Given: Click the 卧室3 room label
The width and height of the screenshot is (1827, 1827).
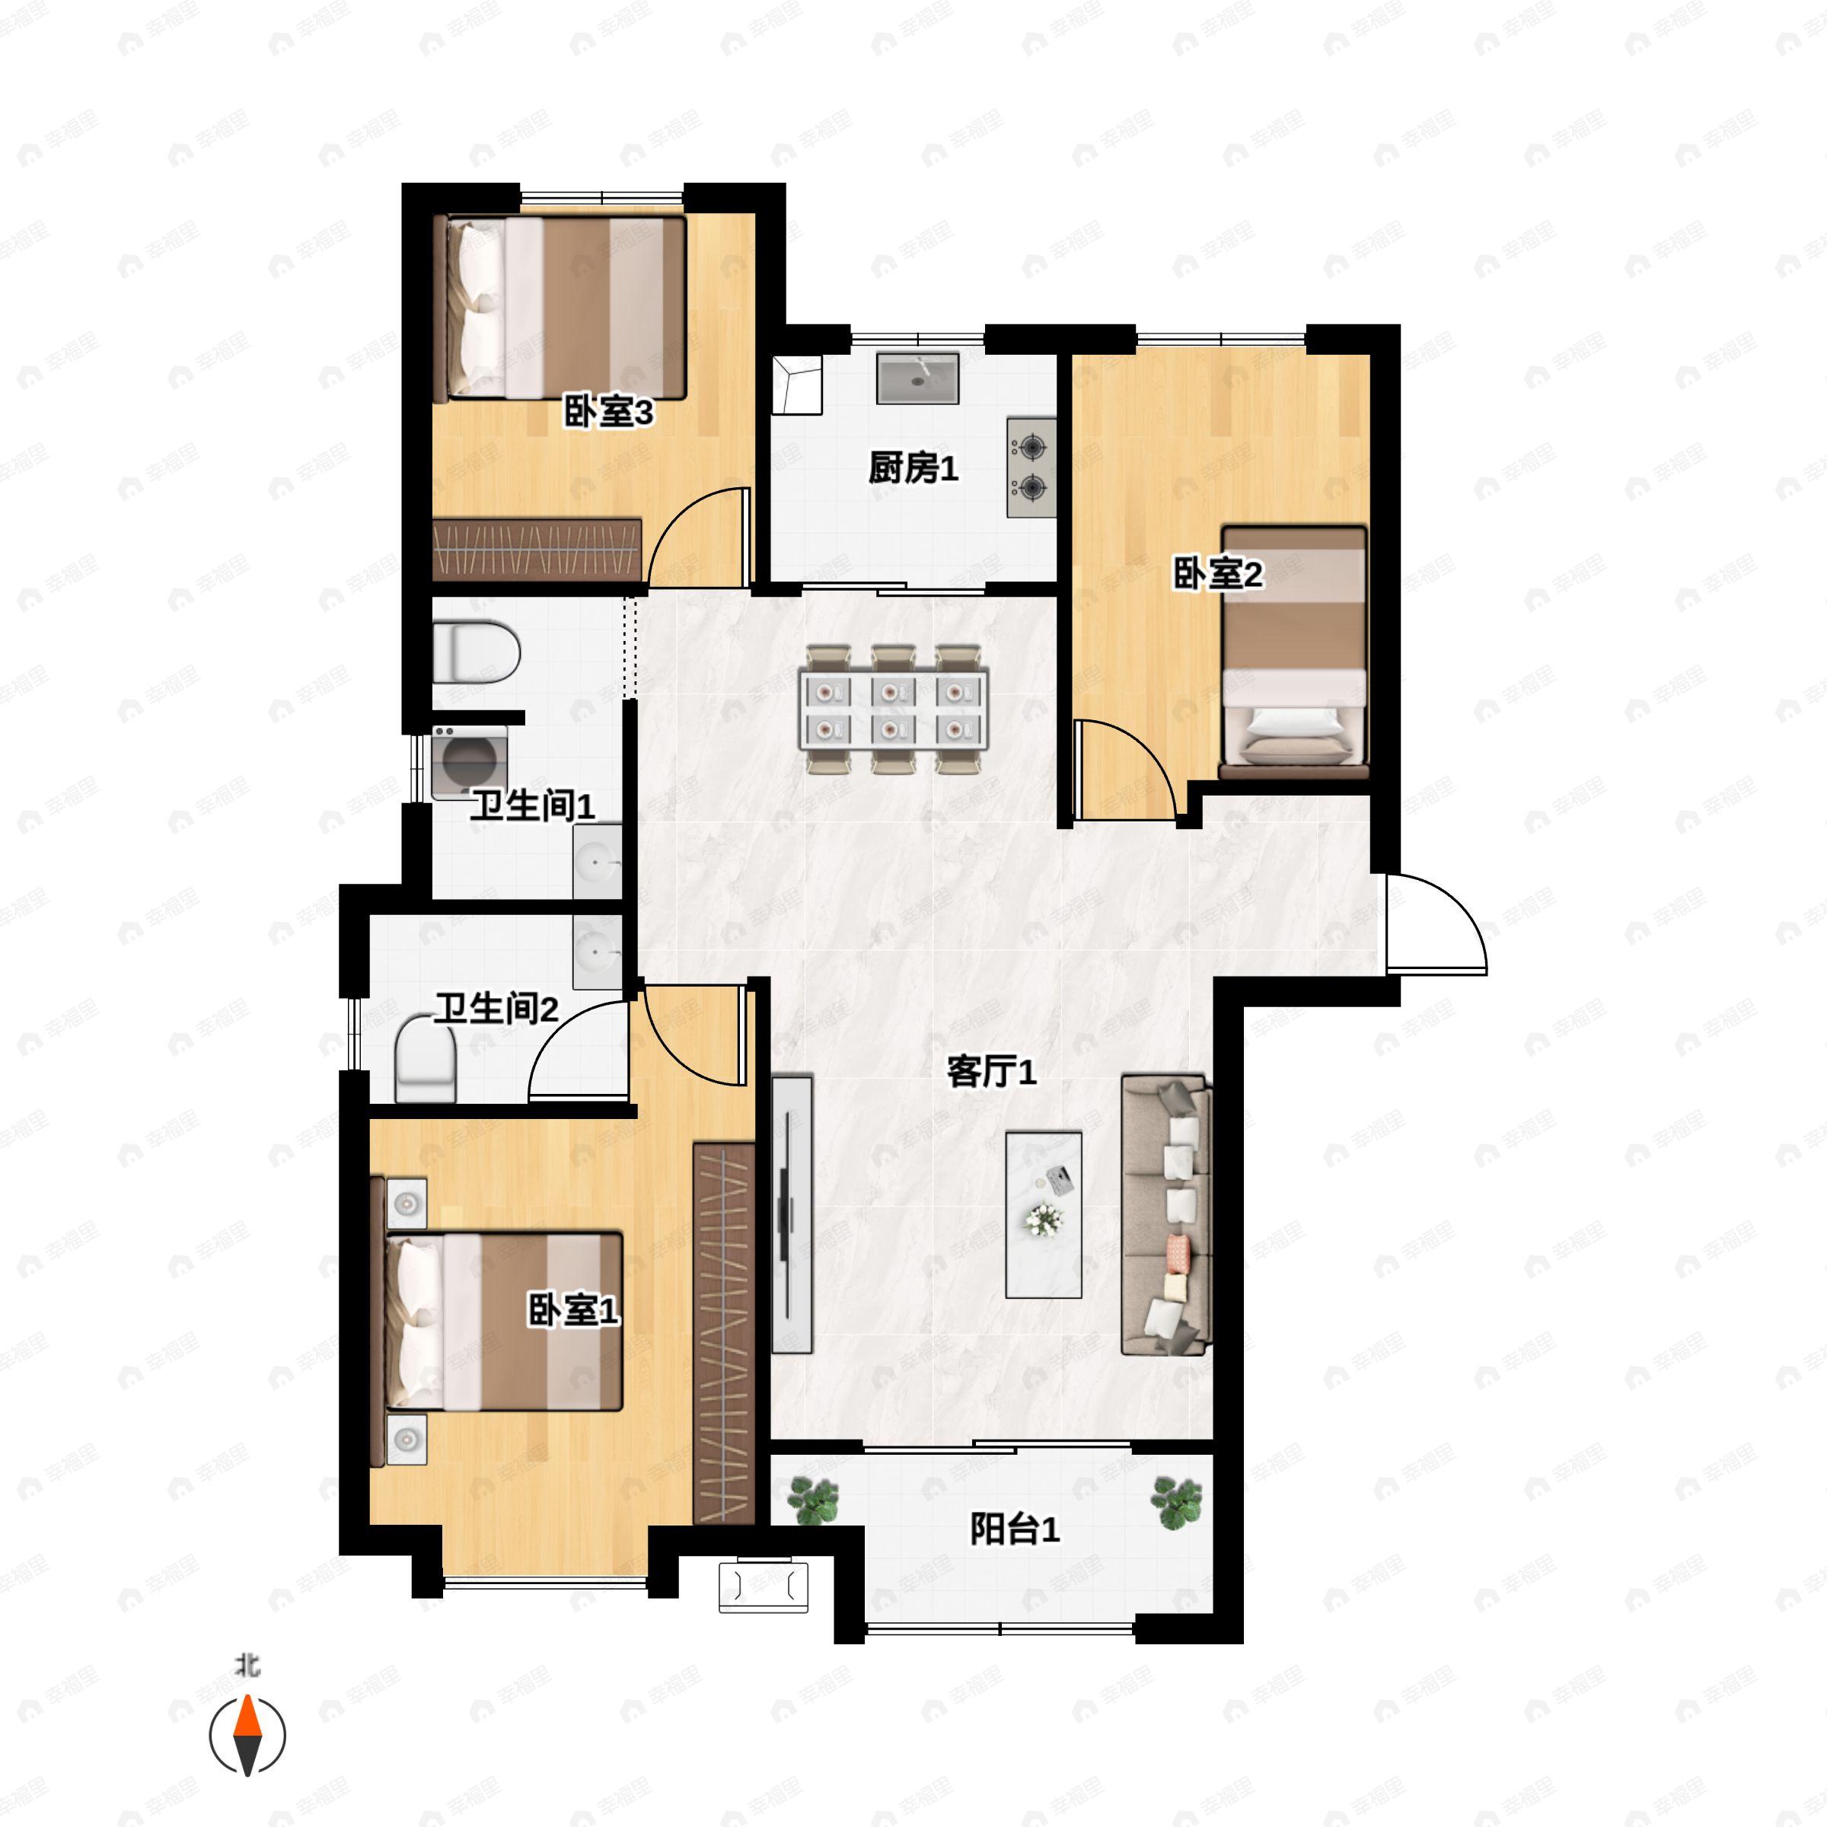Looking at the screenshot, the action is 609,413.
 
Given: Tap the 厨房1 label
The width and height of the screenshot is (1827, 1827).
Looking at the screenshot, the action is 913,468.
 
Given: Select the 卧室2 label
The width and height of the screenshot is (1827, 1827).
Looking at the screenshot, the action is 1218,574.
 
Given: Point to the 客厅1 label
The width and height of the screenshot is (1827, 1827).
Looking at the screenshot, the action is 992,1073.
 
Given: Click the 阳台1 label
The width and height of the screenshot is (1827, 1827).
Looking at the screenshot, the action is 1015,1529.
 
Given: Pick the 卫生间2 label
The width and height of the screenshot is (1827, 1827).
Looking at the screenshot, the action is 496,1009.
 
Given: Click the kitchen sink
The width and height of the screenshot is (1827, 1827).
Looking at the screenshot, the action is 917,378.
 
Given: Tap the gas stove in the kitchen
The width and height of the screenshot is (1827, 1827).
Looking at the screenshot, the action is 1031,467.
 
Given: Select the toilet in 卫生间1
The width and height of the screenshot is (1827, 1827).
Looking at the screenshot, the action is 477,652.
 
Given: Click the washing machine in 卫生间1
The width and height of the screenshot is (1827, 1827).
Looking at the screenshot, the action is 469,763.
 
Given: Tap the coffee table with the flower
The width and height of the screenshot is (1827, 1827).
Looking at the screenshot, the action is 1044,1215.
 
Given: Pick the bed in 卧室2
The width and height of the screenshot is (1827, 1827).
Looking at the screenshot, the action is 1293,652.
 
